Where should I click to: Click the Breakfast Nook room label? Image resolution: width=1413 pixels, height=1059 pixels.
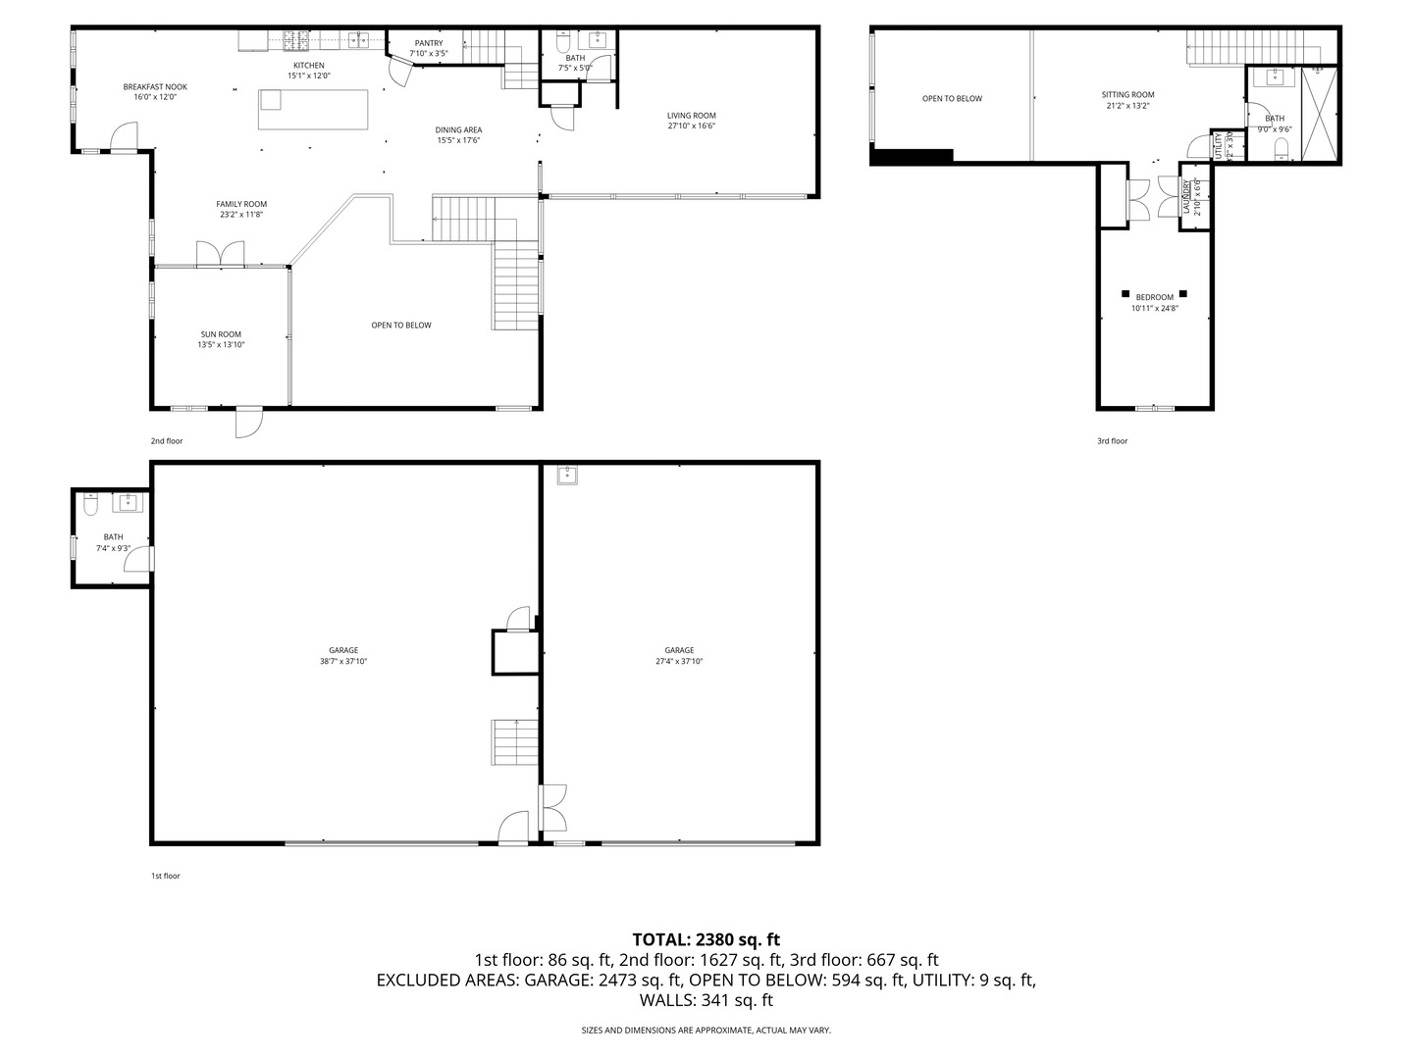click(155, 87)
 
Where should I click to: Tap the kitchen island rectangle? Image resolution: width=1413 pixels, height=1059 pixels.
click(314, 109)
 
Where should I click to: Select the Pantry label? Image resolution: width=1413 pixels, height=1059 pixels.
click(429, 43)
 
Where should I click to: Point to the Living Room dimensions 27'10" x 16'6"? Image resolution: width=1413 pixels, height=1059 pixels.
click(692, 126)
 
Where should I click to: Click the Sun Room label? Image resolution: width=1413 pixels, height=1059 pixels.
click(221, 334)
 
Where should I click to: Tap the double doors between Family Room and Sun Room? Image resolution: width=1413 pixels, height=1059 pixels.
click(221, 254)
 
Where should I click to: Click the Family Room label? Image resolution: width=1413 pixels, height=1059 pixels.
click(241, 204)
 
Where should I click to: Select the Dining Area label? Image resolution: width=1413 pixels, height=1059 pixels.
click(459, 129)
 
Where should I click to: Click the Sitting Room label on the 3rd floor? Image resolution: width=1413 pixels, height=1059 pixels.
click(1127, 95)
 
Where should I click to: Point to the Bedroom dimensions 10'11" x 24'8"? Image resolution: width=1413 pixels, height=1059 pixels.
click(1154, 308)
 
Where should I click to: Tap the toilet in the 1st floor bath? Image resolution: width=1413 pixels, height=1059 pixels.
click(91, 504)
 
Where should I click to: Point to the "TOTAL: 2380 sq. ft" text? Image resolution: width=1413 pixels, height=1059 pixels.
click(706, 939)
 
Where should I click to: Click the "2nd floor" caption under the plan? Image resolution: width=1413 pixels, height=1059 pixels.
click(167, 441)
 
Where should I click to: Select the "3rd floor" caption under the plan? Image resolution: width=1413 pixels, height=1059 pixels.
click(1112, 441)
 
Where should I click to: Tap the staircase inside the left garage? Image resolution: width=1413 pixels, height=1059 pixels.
click(515, 741)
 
